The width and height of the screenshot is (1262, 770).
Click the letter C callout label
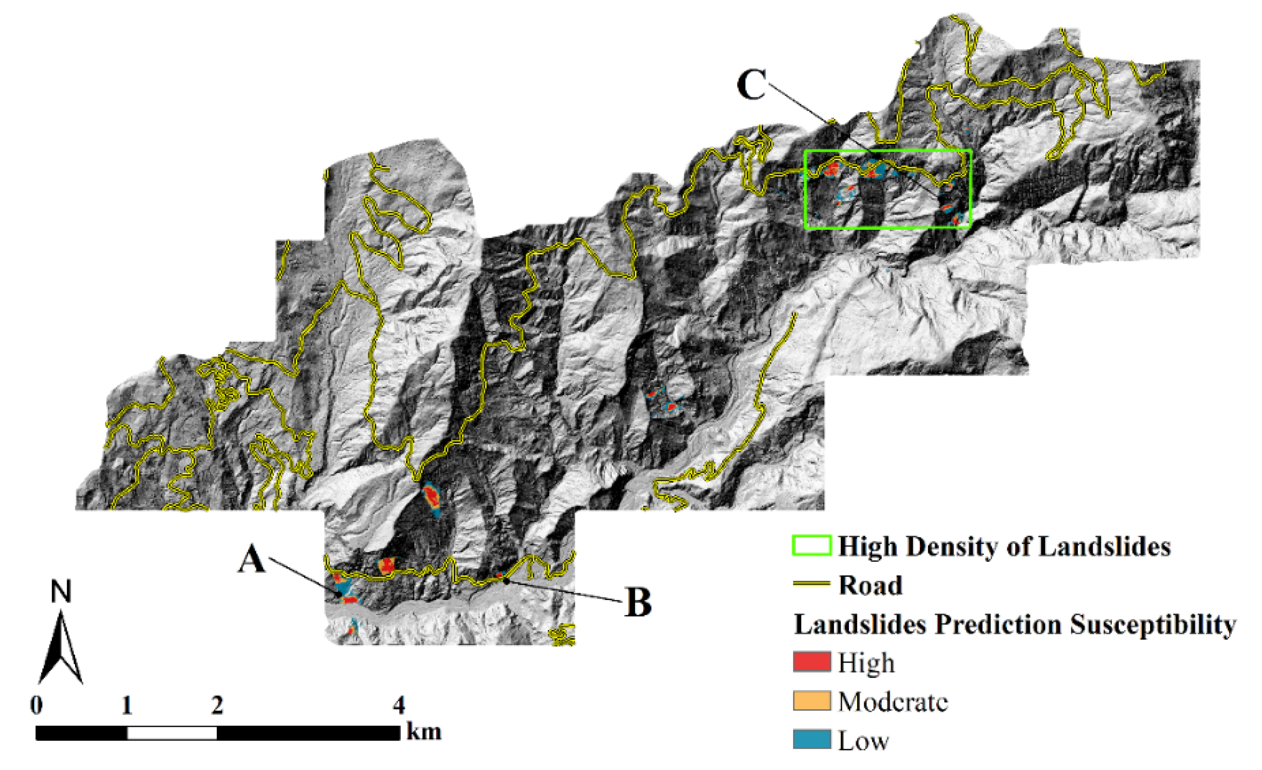(751, 85)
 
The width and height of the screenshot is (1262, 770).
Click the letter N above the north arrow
(61, 592)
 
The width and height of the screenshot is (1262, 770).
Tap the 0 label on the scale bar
(36, 706)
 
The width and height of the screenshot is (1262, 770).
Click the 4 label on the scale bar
(399, 706)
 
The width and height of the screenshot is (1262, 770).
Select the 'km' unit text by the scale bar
(424, 732)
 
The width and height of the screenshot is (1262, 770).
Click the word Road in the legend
(870, 585)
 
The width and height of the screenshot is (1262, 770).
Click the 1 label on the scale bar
(127, 706)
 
